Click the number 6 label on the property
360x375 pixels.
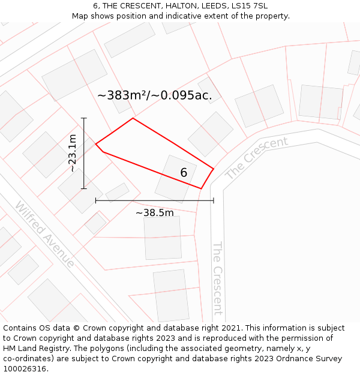coord(184,173)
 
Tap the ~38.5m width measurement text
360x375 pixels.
coord(154,213)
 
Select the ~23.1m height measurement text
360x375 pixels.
coord(73,153)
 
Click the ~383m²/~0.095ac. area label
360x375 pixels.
coord(155,95)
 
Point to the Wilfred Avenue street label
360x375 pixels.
coord(45,235)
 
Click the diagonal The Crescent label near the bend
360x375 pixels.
coord(256,158)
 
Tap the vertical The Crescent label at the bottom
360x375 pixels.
coord(217,278)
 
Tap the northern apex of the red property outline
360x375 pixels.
coord(133,118)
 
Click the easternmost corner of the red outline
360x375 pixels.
coord(214,169)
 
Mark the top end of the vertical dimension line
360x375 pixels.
coord(84,118)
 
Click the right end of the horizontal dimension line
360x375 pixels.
coord(214,200)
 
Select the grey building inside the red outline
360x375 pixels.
coord(175,179)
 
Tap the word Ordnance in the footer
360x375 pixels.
coord(289,359)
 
